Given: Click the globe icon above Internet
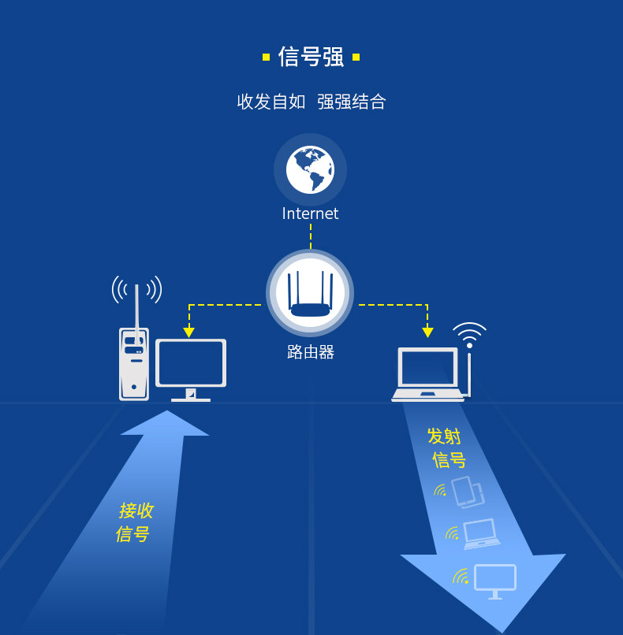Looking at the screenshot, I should coord(310,169).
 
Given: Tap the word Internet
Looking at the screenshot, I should coord(310,214).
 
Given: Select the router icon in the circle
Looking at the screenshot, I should coord(310,293).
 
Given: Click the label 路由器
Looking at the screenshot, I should coord(310,352).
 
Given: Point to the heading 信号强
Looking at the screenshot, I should coord(311,57).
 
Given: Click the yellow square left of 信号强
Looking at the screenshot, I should coord(266,57).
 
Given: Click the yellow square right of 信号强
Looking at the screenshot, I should coord(356,57).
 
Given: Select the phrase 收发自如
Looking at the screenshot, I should coord(270,102).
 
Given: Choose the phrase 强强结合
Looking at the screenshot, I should coord(352,102).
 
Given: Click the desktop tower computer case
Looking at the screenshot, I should coord(134,364).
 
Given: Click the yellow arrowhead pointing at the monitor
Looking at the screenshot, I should coord(188,332).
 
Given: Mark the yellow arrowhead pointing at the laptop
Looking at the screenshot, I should coord(427,332).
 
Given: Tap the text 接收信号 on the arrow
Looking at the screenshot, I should coord(134,522).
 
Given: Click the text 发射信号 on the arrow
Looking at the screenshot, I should coord(446,448).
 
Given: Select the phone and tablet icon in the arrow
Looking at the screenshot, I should coord(467,492).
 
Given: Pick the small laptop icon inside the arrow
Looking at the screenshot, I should coord(481,533).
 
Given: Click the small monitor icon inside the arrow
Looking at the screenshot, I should coord(494,581).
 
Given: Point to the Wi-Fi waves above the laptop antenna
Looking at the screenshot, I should coord(469,333).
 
